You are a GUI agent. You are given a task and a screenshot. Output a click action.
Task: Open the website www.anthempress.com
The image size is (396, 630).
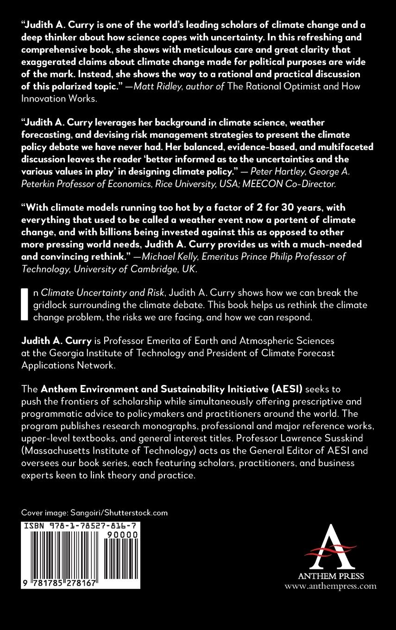[330, 586]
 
